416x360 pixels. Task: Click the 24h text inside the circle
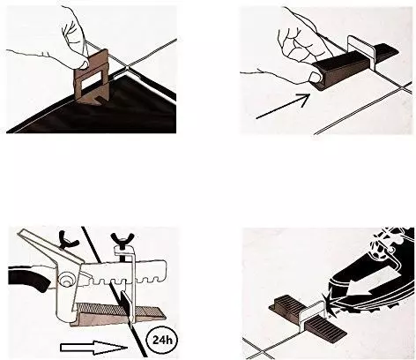[x=162, y=340]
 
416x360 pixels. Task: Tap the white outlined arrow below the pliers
[x=93, y=347]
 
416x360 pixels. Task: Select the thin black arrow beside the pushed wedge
[x=284, y=106]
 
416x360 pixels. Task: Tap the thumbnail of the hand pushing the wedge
[x=316, y=77]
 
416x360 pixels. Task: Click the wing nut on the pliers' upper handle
[x=69, y=238]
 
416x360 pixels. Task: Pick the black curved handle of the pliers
[x=28, y=278]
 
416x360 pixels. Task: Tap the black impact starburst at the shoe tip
[x=327, y=301]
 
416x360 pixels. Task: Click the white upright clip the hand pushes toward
[x=360, y=53]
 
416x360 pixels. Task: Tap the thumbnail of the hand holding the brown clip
[x=85, y=64]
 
